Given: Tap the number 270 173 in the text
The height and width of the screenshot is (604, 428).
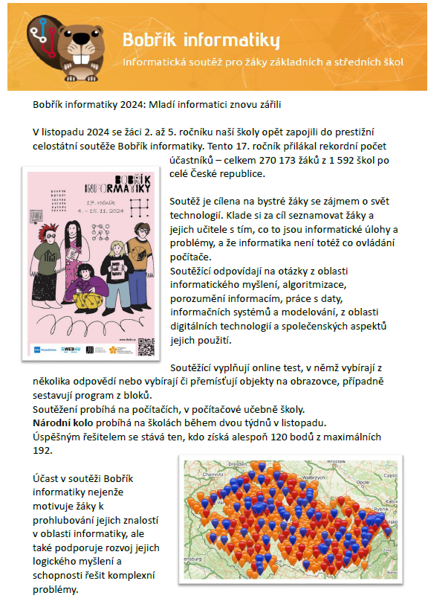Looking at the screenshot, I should (259, 161).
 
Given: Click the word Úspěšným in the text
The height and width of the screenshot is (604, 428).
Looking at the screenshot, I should (55, 437).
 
